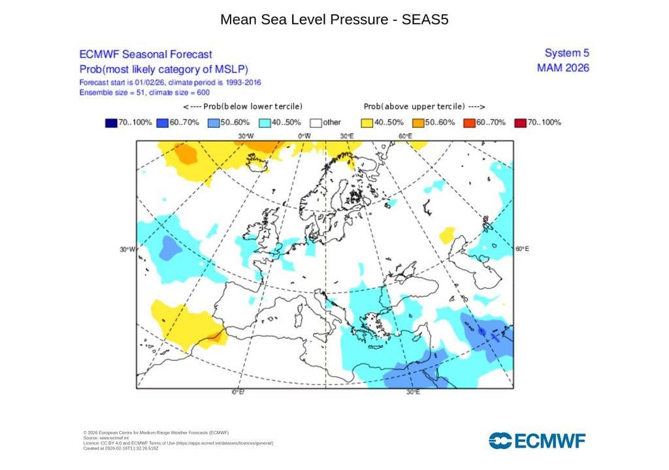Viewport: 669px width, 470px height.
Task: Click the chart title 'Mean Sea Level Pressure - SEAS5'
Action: (334, 20)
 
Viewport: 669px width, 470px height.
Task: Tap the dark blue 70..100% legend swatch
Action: (110, 122)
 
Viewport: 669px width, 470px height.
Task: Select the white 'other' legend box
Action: (316, 122)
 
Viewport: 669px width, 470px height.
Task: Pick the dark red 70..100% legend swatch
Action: (521, 122)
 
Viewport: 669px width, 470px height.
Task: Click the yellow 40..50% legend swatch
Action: (367, 122)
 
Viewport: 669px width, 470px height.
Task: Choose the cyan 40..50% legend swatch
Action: (265, 122)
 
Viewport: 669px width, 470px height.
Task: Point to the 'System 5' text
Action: (566, 53)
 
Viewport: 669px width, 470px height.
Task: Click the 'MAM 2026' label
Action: (563, 68)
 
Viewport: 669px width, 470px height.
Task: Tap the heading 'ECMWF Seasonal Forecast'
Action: (145, 55)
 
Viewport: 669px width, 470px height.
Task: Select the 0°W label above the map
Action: (304, 136)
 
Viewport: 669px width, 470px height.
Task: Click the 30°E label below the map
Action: (412, 392)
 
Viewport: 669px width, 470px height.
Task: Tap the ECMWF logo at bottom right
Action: (537, 441)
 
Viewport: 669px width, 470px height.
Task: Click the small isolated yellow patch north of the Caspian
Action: (448, 234)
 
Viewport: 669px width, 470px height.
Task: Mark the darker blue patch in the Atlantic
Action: (169, 248)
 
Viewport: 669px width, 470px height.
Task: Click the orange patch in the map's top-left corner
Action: (185, 154)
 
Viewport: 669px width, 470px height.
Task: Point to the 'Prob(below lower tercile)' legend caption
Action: (242, 106)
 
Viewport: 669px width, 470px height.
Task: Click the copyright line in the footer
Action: (155, 433)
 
